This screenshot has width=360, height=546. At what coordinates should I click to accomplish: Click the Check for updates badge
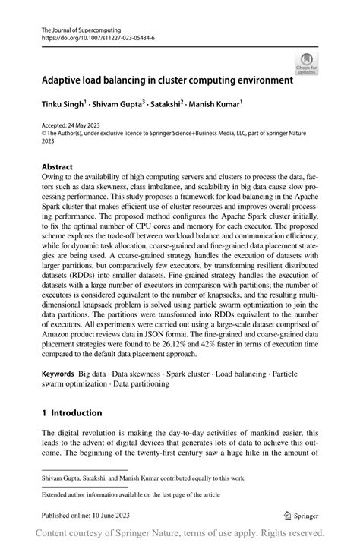(x=308, y=63)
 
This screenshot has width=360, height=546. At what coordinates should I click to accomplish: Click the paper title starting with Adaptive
(x=167, y=79)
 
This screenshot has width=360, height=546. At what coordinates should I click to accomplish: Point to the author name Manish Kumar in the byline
(x=215, y=103)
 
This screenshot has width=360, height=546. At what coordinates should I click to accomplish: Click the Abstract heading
(x=57, y=166)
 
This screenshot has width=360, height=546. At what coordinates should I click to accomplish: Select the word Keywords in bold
(x=58, y=374)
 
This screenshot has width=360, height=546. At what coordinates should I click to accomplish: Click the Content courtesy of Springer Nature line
(x=180, y=532)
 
